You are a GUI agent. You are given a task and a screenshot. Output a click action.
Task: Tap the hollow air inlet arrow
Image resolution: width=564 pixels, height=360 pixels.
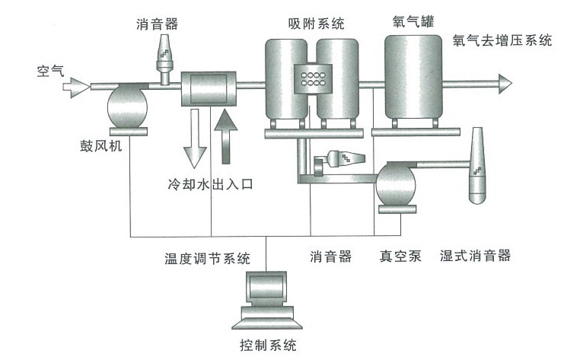point(75,88)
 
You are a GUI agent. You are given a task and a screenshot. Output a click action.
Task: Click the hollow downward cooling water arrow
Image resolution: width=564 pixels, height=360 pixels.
point(195,137)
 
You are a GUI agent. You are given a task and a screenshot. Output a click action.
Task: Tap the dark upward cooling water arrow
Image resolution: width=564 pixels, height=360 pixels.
point(225,137)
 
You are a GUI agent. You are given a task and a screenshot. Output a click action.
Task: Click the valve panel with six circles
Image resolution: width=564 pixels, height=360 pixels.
point(314,76)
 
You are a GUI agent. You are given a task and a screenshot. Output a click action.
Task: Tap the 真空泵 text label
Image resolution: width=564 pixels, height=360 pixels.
point(402,256)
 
